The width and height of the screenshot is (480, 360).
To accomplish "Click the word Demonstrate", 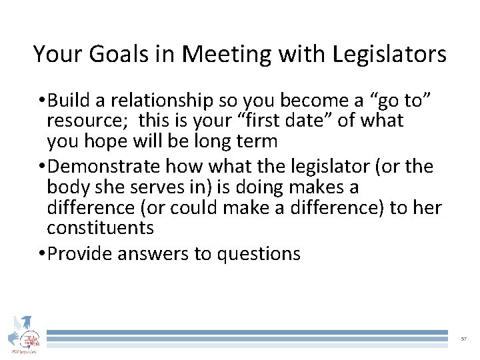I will pos(103,165).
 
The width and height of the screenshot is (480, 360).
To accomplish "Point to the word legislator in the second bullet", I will pos(327,165).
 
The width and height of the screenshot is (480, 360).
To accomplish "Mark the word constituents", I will pos(100,228).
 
